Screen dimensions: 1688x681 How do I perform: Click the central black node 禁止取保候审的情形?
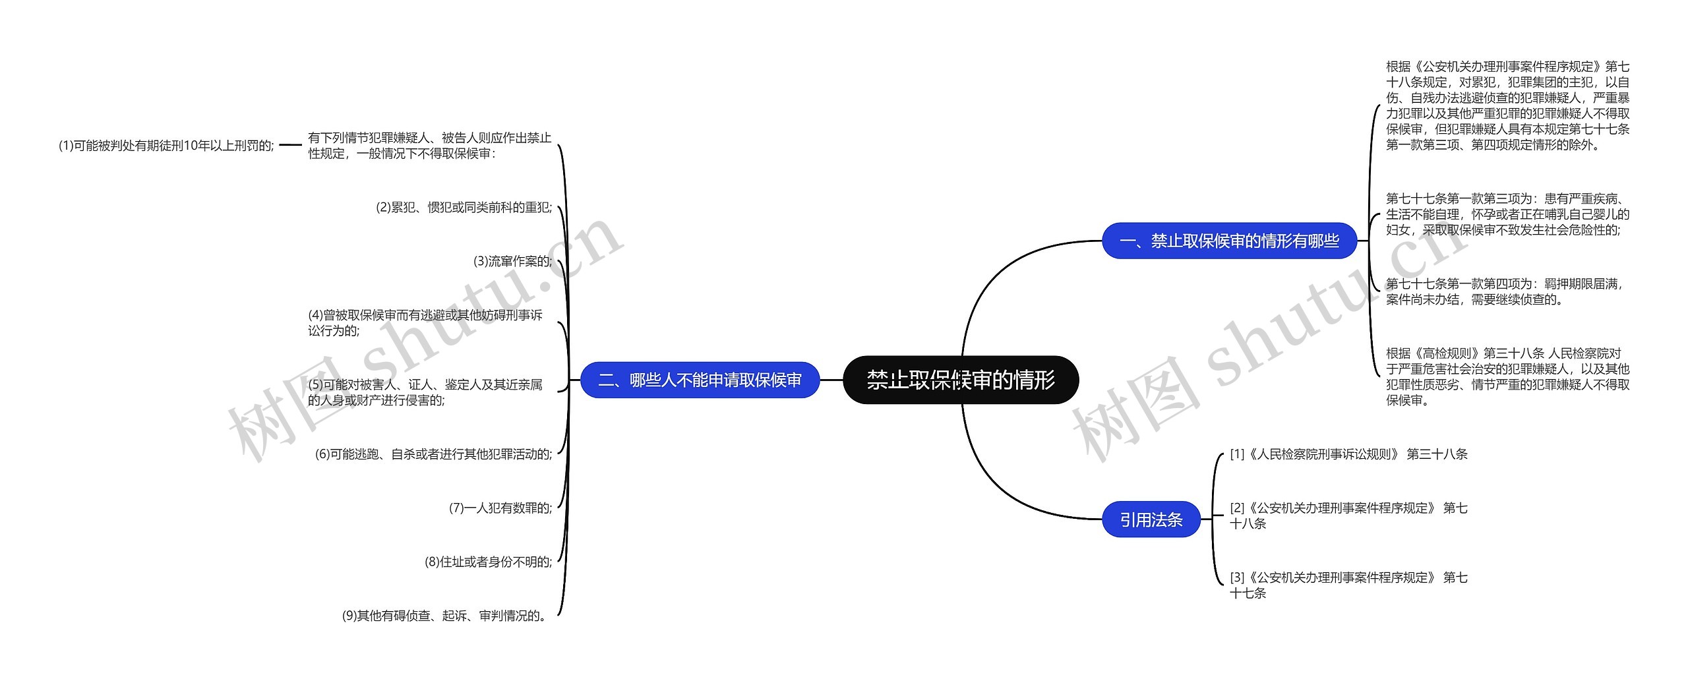961,380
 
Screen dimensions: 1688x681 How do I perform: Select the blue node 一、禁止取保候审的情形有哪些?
1229,241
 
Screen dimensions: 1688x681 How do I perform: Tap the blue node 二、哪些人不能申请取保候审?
700,380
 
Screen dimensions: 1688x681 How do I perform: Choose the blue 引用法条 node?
1151,519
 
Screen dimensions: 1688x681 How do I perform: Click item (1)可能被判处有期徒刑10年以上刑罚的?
166,146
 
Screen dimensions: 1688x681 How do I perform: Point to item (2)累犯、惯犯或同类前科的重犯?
464,208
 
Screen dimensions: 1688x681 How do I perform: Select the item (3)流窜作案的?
512,261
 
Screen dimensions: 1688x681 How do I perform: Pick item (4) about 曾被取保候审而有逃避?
425,323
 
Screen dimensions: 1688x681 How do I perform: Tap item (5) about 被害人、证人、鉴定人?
425,392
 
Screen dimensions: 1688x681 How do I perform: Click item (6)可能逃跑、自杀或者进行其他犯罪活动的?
433,454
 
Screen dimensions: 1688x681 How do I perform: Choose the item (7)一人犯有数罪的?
500,508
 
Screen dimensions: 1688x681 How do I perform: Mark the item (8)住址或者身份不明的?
488,562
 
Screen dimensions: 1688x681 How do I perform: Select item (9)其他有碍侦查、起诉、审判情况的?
446,616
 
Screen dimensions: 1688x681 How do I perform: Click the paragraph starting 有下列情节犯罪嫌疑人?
429,146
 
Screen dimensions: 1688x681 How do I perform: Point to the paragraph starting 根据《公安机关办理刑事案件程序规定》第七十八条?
1507,105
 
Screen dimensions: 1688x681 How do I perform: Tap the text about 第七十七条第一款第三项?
1507,214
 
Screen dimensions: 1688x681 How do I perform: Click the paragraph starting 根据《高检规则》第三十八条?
1507,376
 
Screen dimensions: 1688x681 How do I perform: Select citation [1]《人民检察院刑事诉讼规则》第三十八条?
1348,454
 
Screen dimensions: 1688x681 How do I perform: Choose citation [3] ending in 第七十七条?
1348,585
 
